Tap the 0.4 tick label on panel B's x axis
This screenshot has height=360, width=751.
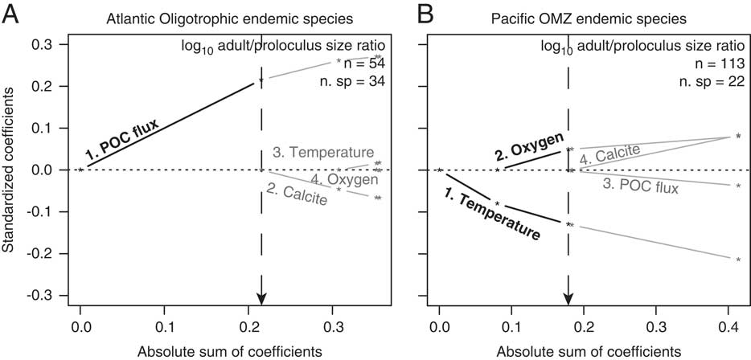click(730, 327)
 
